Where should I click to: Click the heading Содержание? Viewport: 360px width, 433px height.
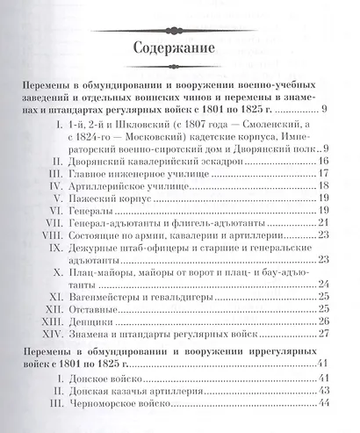(180, 48)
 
